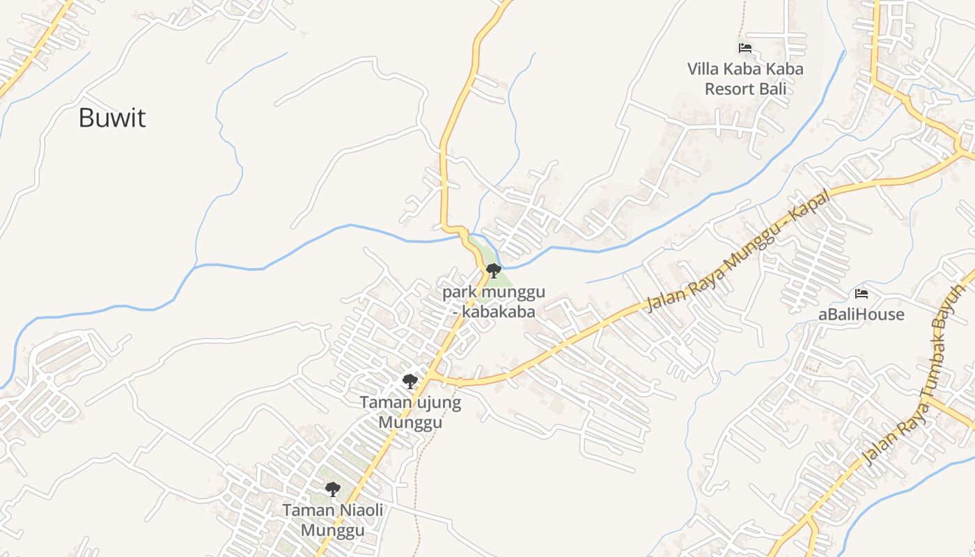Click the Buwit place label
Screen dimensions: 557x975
(111, 118)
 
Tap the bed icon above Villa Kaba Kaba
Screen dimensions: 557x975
(745, 48)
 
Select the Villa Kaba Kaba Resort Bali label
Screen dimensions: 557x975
(745, 79)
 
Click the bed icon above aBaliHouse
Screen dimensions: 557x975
(861, 294)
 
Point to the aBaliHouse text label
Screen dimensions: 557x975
(861, 315)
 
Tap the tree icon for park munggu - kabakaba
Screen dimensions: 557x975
(493, 270)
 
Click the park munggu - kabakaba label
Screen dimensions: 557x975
(494, 301)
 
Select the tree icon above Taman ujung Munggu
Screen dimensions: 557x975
(410, 381)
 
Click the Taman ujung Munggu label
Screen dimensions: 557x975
(410, 412)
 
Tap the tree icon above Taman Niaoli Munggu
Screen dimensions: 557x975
(333, 489)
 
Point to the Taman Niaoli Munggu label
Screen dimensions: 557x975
(333, 520)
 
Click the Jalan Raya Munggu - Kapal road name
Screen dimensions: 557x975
(738, 252)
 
